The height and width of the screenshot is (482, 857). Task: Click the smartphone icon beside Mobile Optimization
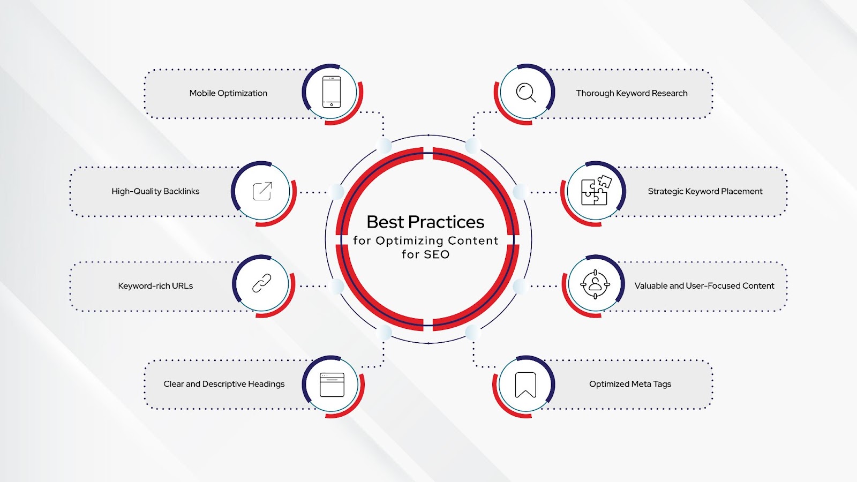332,92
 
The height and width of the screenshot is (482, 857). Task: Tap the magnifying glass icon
526,93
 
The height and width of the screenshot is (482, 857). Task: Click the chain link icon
262,283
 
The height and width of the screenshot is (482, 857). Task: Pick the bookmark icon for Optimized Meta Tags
525,385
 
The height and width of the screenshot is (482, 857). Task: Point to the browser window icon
332,385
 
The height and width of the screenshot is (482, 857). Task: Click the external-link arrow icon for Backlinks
262,191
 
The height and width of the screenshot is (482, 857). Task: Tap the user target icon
595,284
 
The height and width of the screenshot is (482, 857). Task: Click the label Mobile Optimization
228,93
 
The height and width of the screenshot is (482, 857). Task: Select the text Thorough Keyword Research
632,93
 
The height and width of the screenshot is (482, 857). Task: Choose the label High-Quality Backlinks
155,191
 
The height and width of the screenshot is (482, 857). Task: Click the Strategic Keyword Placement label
705,191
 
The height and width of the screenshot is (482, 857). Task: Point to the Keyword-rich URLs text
155,286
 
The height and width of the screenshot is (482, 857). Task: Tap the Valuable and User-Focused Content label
704,286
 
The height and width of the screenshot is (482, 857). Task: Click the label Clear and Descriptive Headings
224,384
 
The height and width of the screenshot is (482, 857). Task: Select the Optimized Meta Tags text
630,384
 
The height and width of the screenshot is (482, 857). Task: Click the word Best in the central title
385,222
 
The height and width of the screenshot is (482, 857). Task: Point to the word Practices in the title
446,222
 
